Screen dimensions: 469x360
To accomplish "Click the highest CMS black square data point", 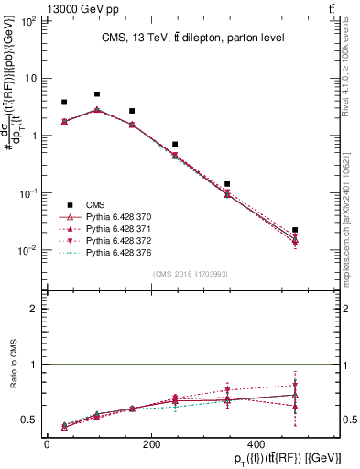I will [x=97, y=94].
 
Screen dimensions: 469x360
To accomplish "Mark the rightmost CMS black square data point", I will [x=295, y=230].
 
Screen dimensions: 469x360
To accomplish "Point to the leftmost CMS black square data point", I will [x=64, y=103].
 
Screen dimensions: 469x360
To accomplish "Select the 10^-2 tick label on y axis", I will [x=27, y=250].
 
